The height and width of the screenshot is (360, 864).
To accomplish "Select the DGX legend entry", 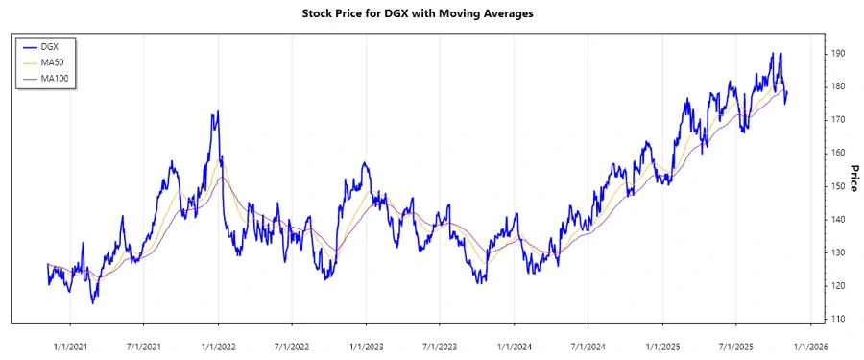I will click(50, 46).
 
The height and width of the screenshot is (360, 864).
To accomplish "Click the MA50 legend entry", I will click(53, 61).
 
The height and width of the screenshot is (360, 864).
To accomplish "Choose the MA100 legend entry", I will click(55, 77).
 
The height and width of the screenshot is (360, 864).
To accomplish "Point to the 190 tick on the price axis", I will click(838, 54).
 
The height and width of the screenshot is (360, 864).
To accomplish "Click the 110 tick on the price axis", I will click(838, 319).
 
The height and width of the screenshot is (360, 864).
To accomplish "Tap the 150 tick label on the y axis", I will click(838, 186).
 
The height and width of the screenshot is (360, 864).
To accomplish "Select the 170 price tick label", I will click(838, 120).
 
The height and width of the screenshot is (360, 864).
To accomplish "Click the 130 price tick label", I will click(838, 252).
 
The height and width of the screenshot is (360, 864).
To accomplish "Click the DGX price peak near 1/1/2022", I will click(218, 111).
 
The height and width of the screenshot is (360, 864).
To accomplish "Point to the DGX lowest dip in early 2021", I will click(93, 302).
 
